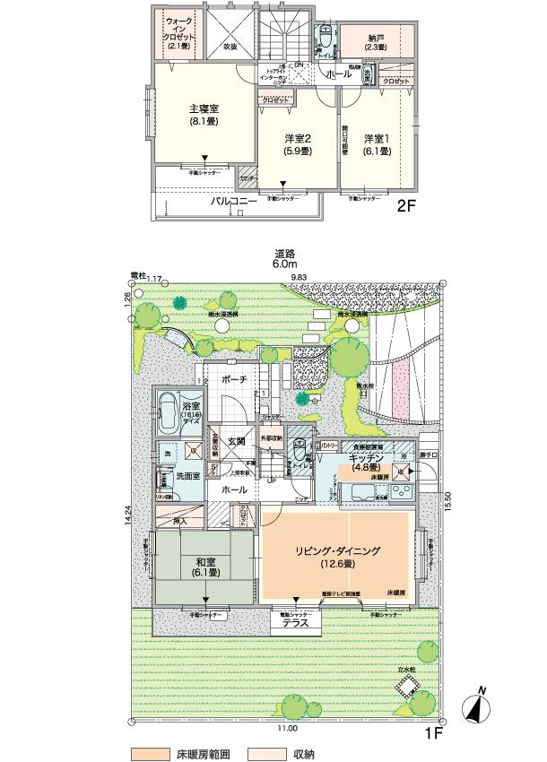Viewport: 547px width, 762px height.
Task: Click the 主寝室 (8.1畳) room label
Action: pos(204,116)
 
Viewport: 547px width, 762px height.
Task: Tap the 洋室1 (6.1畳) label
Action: pos(378,145)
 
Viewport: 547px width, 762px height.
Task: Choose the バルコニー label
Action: pos(234,203)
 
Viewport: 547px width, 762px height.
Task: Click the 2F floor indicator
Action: pos(408,205)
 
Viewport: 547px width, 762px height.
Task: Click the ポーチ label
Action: pos(234,380)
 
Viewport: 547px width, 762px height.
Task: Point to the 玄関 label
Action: pos(236,440)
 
